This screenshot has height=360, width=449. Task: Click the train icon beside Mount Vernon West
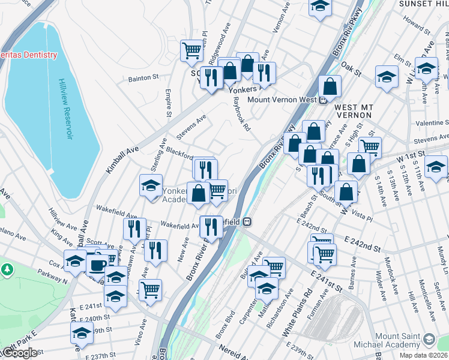pos(322,100)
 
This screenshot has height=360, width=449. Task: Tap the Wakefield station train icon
pos(246,221)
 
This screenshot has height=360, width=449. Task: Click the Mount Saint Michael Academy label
pos(399,340)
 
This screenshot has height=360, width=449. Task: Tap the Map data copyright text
pos(424,355)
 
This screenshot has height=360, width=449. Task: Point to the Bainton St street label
pos(143,77)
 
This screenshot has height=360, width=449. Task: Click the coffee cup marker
pos(97,264)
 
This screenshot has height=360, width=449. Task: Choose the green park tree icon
pos(7,269)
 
